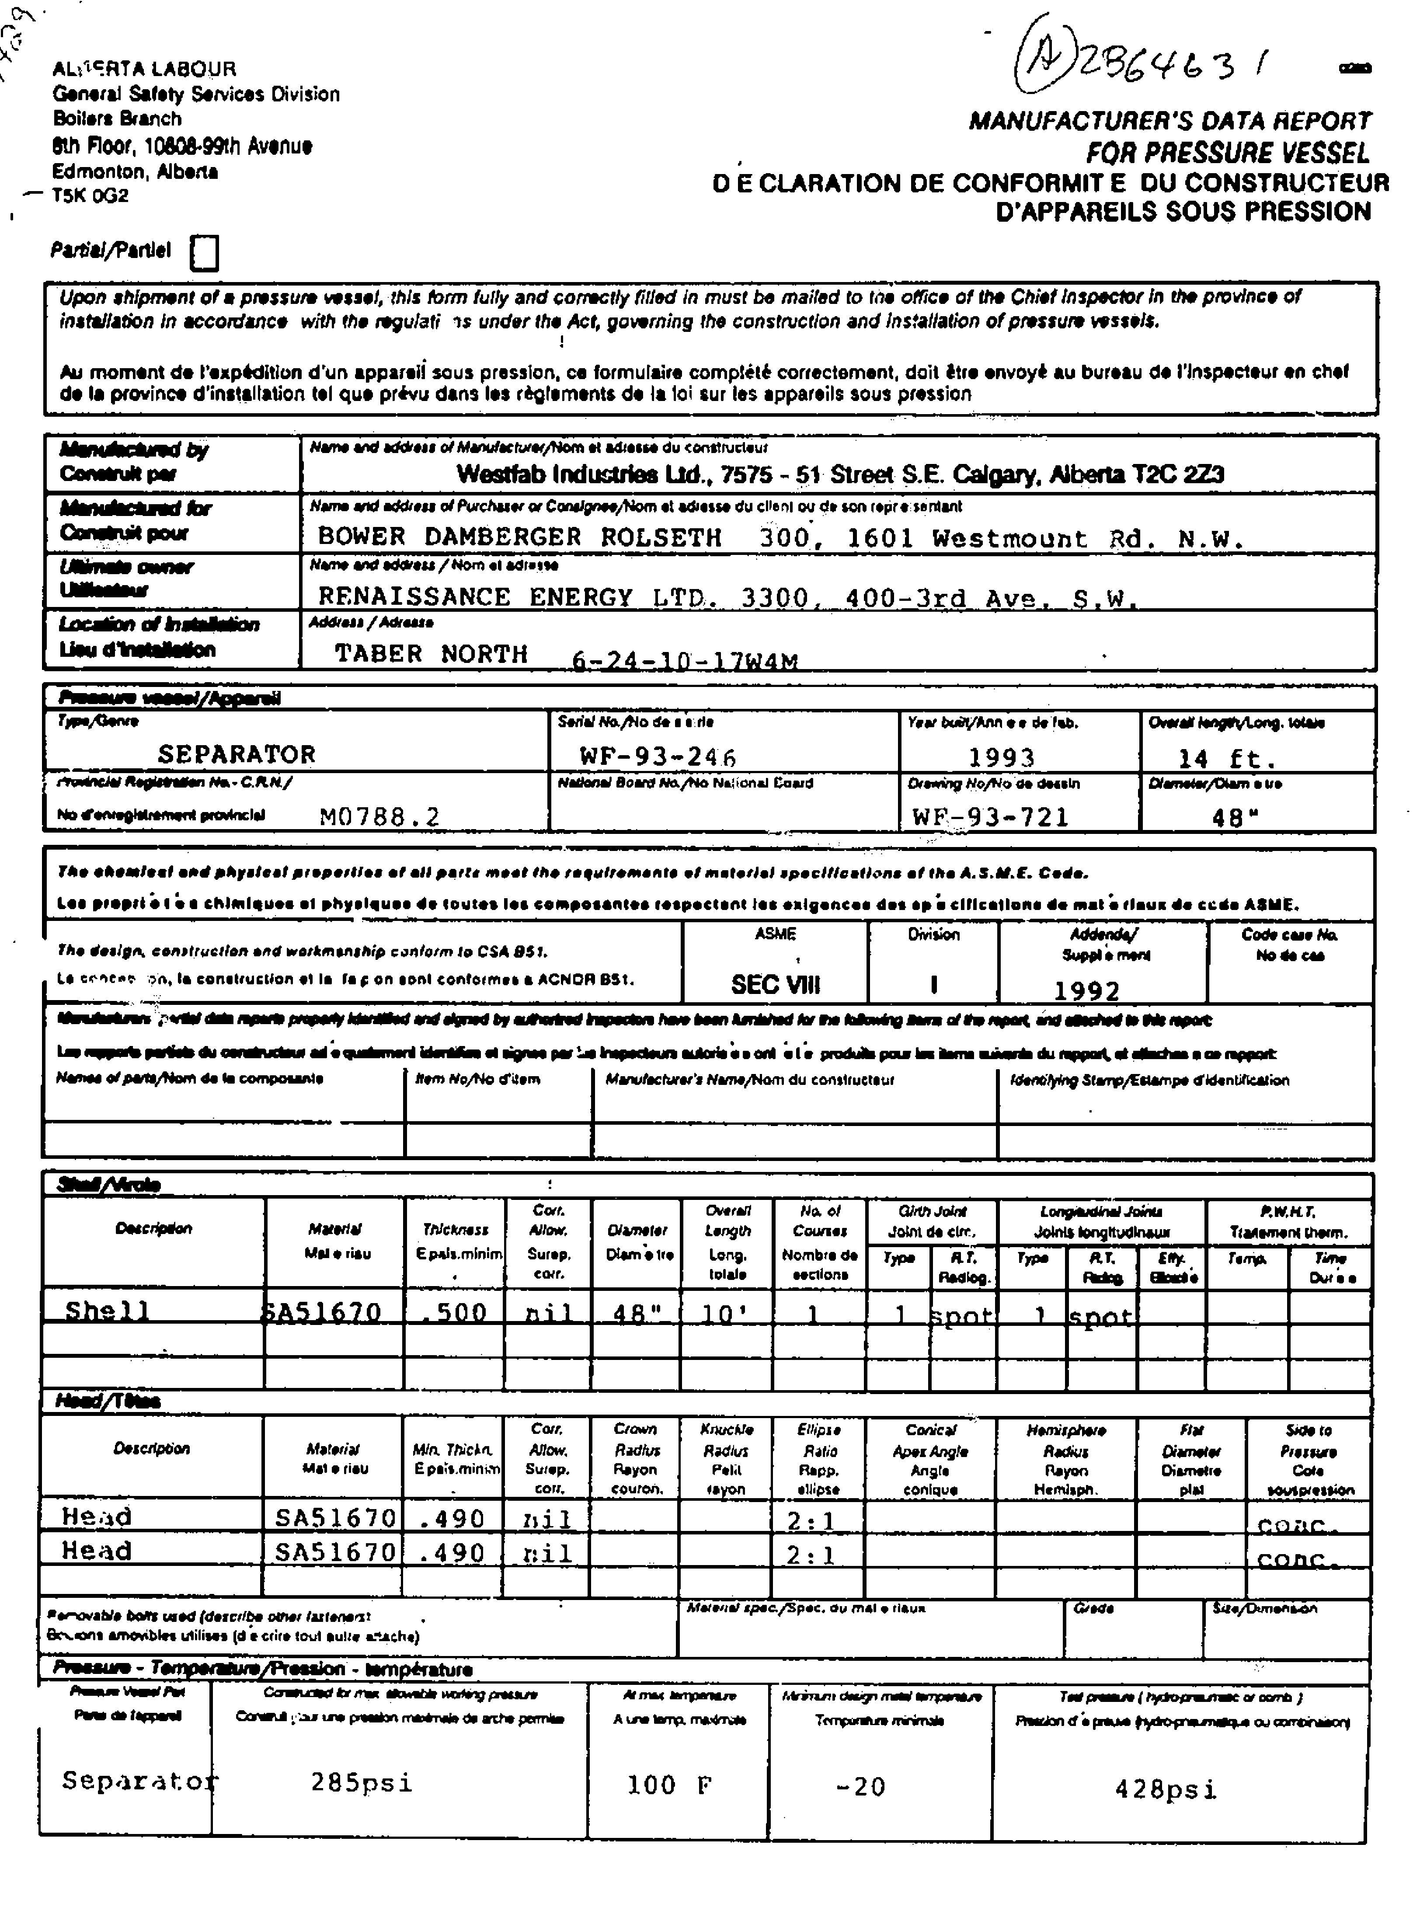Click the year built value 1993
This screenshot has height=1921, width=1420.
[1002, 757]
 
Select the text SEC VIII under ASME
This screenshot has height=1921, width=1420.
[775, 984]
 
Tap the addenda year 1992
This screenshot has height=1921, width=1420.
[1086, 990]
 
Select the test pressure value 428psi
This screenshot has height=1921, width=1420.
[1166, 1789]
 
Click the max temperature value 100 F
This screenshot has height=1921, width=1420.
[670, 1785]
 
